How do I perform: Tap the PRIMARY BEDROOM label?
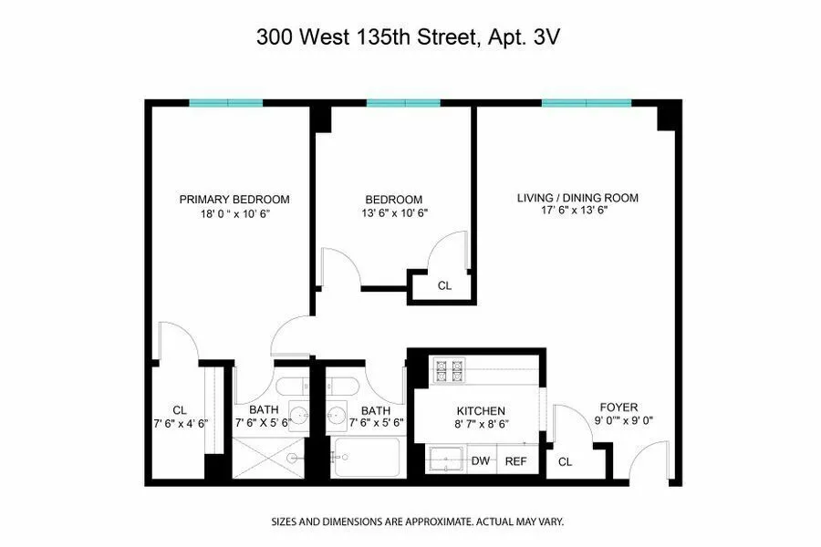click(234, 200)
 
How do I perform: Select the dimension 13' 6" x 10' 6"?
click(393, 213)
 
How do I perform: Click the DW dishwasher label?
click(481, 461)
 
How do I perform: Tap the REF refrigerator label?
click(516, 461)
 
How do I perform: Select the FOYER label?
click(618, 407)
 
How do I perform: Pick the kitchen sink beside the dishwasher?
click(447, 460)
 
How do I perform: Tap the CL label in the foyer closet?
click(566, 462)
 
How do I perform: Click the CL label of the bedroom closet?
click(444, 285)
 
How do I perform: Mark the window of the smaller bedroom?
click(397, 103)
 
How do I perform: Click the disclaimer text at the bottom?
click(417, 522)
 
